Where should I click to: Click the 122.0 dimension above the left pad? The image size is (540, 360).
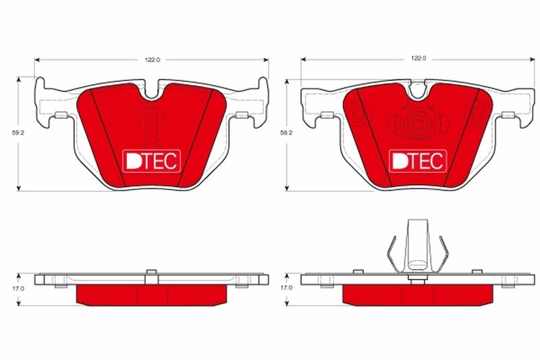tap(151, 60)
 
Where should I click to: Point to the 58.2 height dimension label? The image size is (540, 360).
tap(287, 134)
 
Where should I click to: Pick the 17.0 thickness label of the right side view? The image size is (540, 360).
tap(287, 288)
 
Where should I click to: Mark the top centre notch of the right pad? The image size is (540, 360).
tap(418, 91)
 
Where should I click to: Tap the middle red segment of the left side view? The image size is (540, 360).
tap(152, 294)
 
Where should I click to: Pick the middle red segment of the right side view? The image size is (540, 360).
tap(418, 294)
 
